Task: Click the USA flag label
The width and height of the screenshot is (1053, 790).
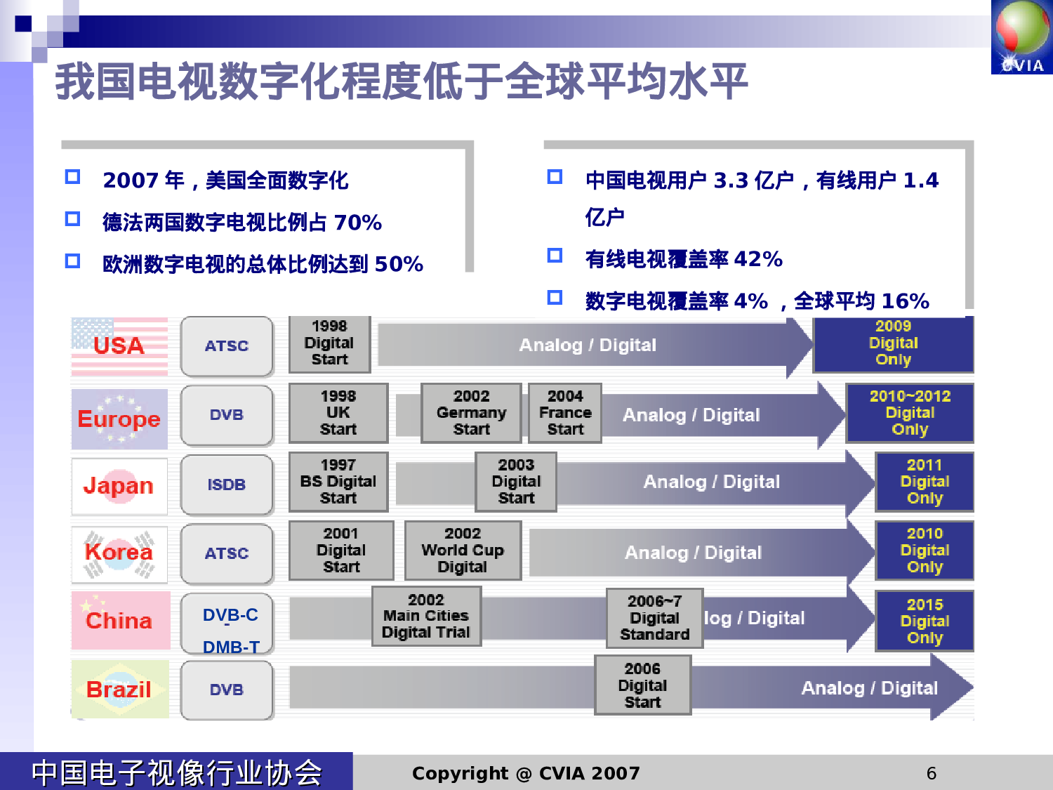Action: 119,345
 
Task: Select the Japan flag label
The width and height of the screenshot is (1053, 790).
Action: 119,485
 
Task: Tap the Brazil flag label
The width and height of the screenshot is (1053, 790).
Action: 119,689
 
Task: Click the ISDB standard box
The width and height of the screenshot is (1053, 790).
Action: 226,485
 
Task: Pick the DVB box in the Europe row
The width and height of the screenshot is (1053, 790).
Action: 226,415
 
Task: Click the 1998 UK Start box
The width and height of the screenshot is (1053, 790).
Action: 338,413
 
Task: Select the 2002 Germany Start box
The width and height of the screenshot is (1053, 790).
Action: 471,413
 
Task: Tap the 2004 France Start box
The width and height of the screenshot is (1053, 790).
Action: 565,413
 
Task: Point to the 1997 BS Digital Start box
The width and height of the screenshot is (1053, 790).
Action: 338,482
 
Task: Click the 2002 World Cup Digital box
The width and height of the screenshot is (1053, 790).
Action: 463,551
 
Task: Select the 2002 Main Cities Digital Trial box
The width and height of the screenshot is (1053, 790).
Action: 426,616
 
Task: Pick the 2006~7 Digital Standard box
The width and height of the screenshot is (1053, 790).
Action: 654,618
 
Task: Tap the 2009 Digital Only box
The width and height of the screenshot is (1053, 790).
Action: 893,343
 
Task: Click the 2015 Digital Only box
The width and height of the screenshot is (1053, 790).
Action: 925,621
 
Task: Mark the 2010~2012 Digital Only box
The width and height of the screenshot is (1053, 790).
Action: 910,413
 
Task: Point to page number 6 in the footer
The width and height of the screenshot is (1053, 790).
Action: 932,773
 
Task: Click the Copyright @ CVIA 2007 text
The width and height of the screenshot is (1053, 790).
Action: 526,773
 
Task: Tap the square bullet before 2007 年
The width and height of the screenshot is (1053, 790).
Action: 72,177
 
